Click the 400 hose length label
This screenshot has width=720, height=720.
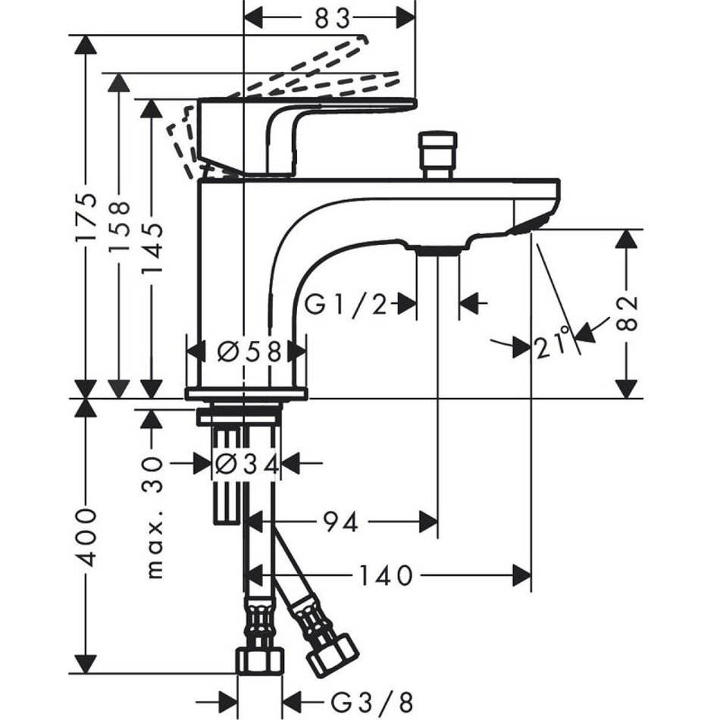tap(88, 538)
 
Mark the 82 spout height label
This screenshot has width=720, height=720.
tap(627, 313)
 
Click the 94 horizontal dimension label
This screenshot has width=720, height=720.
tap(339, 521)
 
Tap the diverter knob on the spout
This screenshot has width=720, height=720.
tap(440, 152)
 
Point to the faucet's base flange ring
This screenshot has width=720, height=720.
tap(246, 393)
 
